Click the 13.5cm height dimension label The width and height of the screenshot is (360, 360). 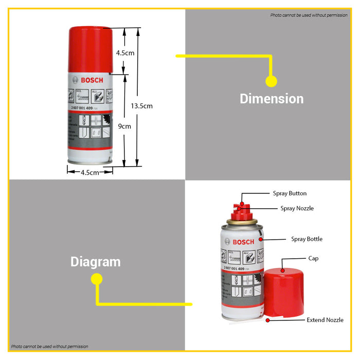(141, 106)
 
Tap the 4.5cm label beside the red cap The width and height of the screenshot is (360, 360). (125, 53)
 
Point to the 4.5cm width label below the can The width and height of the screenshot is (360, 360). (90, 173)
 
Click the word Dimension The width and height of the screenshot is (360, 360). (272, 98)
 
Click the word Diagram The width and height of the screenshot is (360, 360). (95, 262)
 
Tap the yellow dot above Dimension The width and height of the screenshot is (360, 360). (271, 81)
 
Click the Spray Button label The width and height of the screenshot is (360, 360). (290, 193)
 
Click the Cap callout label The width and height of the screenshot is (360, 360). (313, 258)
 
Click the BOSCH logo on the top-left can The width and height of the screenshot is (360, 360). (88, 80)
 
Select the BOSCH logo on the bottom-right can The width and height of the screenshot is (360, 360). (243, 242)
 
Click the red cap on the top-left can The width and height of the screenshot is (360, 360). (91, 49)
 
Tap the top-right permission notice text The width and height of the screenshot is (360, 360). (309, 15)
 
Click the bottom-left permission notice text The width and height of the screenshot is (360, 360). (50, 347)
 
